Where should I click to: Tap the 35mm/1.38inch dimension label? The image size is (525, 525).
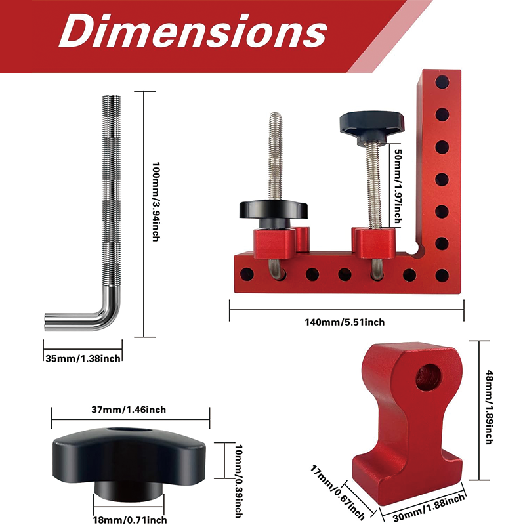82,358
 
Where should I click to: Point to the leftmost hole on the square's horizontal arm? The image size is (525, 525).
246,273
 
